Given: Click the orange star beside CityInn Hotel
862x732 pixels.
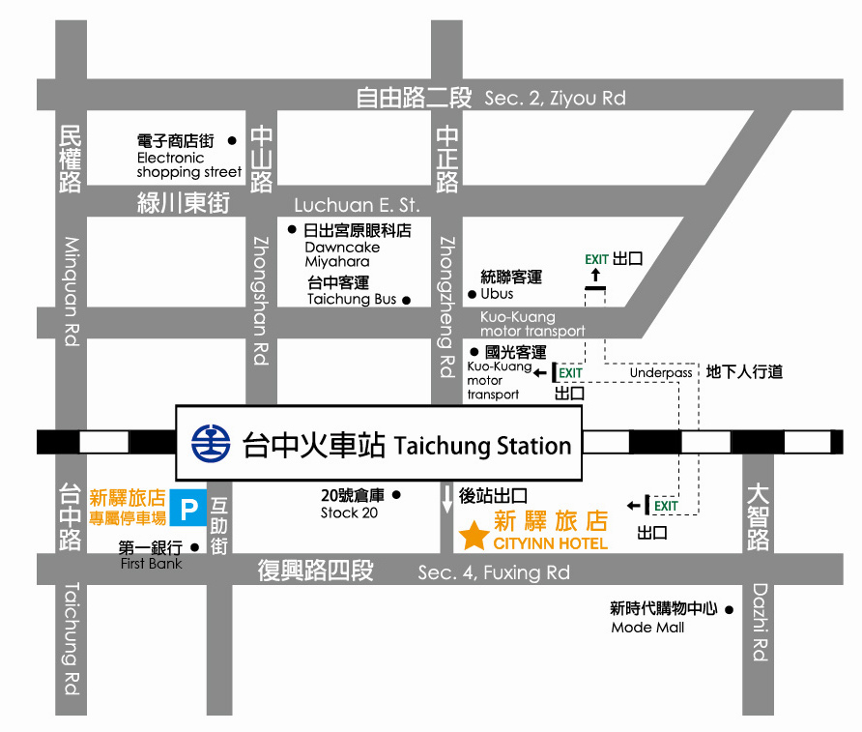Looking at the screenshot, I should click(474, 536).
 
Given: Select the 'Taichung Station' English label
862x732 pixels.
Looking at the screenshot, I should click(483, 446).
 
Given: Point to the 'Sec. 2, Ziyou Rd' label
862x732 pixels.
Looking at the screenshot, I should click(555, 98).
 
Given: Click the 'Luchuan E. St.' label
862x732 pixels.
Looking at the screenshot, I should click(357, 205).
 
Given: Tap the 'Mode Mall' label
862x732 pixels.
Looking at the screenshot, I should click(647, 628).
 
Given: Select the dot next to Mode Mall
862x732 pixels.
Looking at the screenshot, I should click(730, 609).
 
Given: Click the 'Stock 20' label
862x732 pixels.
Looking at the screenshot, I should click(349, 512).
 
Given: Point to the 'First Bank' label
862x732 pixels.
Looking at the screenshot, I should click(151, 563).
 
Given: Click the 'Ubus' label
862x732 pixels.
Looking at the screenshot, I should click(497, 294).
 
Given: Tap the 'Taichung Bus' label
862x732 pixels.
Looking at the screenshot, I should click(352, 299).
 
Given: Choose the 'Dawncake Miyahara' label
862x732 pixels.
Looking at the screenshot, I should click(342, 254).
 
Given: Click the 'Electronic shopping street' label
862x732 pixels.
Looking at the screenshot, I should click(188, 165).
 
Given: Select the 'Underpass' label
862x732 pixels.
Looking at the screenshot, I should click(661, 372).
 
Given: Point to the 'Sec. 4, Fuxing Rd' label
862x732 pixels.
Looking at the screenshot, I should click(494, 572).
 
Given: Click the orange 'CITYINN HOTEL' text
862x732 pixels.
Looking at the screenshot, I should click(550, 543).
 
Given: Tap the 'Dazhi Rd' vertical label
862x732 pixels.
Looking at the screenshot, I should click(760, 621).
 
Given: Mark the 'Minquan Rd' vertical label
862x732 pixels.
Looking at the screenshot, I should click(72, 291).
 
